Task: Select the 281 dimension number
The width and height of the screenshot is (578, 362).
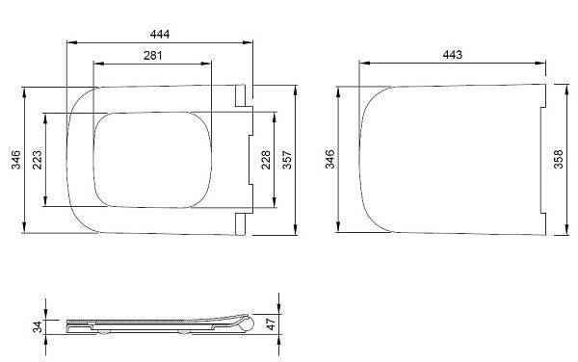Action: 151,55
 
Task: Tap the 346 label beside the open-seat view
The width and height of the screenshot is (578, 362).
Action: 14,160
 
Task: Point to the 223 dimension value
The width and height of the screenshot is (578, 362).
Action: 38,160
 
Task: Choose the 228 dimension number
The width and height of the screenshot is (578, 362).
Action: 266,160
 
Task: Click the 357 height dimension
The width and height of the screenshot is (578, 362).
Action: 287,160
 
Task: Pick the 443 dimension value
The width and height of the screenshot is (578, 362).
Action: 451,55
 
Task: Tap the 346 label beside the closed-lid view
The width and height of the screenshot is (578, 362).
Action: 330,160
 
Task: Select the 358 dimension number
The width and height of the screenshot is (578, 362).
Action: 560,160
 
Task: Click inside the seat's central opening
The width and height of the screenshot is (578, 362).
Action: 151,160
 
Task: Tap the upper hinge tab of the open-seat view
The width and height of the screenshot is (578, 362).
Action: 239,94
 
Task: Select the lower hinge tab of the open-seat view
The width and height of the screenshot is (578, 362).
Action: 239,224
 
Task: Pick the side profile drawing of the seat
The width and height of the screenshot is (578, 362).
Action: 154,325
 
